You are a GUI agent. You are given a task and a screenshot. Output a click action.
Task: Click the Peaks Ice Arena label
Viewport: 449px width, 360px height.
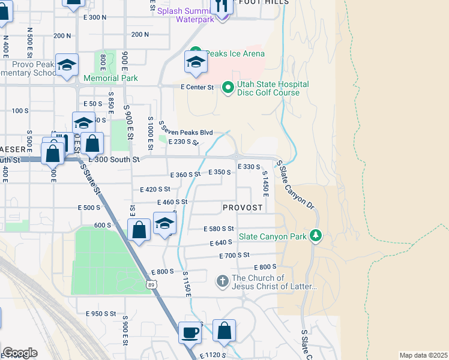click(x=235, y=53)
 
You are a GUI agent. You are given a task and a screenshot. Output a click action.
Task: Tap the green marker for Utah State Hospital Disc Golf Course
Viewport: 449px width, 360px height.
click(x=228, y=88)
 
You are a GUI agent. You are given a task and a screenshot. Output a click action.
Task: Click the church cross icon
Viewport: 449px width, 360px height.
click(x=222, y=281)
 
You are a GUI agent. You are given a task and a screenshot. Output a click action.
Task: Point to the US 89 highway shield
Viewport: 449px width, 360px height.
click(x=150, y=283)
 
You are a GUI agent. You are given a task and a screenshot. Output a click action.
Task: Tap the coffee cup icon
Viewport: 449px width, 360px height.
click(x=190, y=332)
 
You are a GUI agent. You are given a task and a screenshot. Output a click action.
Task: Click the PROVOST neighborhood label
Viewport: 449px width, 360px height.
click(x=243, y=208)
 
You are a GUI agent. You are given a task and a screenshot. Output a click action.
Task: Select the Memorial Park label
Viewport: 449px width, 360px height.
click(x=110, y=78)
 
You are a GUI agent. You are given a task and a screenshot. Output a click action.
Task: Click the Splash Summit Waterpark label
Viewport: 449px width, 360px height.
click(x=185, y=15)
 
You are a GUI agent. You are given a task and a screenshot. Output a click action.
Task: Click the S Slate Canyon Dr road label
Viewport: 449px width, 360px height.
click(x=295, y=188)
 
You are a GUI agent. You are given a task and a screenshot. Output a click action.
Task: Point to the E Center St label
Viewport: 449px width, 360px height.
click(x=197, y=87)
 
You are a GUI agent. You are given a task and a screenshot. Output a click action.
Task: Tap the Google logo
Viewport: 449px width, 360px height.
click(x=20, y=353)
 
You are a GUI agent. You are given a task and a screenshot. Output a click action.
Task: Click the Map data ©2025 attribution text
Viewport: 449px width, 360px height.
click(x=423, y=355)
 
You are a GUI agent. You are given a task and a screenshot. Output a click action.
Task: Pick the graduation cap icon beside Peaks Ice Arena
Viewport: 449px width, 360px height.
click(x=196, y=62)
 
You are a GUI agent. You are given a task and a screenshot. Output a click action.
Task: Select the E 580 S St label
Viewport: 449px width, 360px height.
click(x=218, y=229)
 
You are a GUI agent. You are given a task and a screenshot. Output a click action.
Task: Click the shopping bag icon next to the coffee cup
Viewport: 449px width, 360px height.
click(x=224, y=331)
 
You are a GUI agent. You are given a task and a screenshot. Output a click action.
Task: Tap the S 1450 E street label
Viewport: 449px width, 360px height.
click(x=264, y=182)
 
